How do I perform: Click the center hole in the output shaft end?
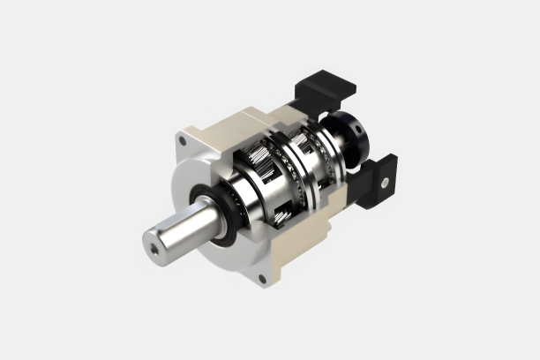[x=156, y=250]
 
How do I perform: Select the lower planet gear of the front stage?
[x=281, y=212]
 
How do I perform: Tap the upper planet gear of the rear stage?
[x=305, y=141]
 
